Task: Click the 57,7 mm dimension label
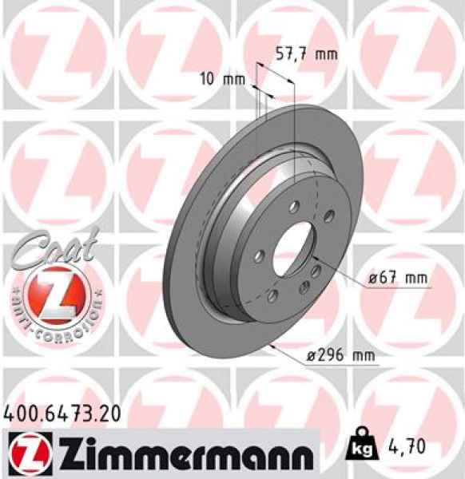point(307,55)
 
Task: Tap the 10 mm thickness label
point(222,80)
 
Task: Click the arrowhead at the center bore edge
point(314,256)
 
